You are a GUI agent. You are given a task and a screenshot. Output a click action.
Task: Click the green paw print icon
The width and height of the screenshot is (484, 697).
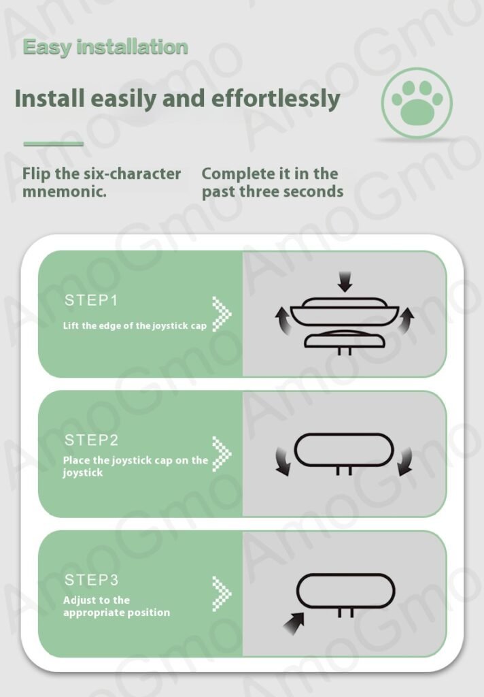pyautogui.click(x=416, y=103)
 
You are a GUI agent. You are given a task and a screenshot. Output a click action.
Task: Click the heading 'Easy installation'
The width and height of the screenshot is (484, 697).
pyautogui.click(x=105, y=47)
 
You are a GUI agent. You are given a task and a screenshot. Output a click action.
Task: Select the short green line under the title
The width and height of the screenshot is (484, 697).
pyautogui.click(x=53, y=144)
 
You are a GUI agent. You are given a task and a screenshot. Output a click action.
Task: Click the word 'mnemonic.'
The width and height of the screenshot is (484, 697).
pyautogui.click(x=65, y=191)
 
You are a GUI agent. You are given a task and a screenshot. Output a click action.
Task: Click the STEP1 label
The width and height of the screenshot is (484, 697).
pyautogui.click(x=91, y=300)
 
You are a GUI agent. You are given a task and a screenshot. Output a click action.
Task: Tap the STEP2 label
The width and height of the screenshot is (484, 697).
pyautogui.click(x=92, y=440)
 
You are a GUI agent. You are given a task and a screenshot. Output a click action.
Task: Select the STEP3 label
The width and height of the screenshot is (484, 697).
pyautogui.click(x=92, y=580)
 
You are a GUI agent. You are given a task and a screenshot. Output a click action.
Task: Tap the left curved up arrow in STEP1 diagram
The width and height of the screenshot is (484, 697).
pyautogui.click(x=282, y=320)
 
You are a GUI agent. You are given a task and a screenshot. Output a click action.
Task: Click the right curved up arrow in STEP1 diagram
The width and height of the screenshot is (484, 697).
pyautogui.click(x=405, y=320)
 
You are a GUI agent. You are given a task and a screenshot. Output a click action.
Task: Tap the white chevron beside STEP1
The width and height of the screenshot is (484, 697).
pyautogui.click(x=222, y=314)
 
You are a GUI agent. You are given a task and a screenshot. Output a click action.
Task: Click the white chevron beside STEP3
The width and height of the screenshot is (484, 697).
pyautogui.click(x=222, y=594)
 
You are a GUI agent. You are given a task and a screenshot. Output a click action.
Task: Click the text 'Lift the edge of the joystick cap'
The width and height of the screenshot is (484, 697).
pyautogui.click(x=135, y=326)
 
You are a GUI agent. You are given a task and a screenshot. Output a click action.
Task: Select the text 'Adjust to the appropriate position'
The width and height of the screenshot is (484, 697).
pyautogui.click(x=116, y=606)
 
